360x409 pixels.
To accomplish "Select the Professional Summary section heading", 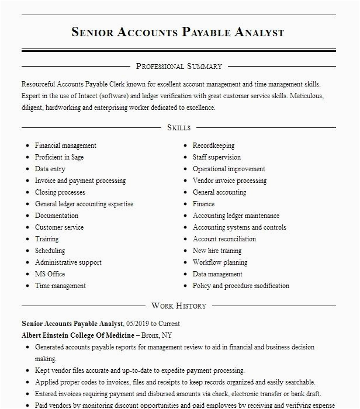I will (x=179, y=67).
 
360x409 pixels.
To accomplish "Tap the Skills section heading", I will (x=179, y=127).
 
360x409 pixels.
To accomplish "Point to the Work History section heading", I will (x=179, y=306).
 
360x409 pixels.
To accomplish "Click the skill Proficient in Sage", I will (x=59, y=157).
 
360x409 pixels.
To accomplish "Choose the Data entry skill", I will (x=50, y=169).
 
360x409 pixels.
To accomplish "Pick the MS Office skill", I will (x=50, y=274).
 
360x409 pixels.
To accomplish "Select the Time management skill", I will (x=60, y=286).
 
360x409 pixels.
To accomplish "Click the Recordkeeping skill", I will (x=213, y=145).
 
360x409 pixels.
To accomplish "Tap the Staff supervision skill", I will (x=216, y=157).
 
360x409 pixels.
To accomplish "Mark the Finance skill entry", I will (x=203, y=204).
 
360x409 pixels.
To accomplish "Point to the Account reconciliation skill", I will (x=224, y=239).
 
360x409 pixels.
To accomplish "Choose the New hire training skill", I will (x=217, y=251).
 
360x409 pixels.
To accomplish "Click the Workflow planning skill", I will (x=220, y=262).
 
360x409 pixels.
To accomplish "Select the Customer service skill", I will (x=59, y=227).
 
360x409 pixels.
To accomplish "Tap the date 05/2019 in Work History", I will (x=137, y=324).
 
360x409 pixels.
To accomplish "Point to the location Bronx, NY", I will (x=160, y=335).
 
